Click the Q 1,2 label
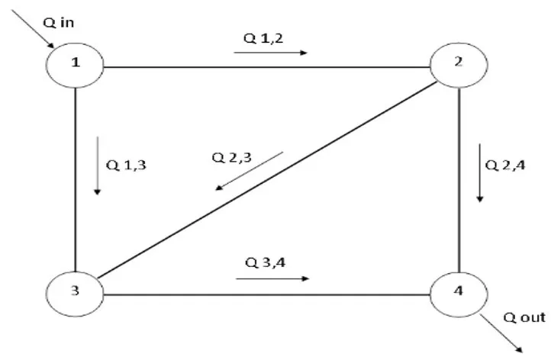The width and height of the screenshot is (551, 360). tap(261, 38)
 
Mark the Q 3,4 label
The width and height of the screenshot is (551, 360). tap(264, 263)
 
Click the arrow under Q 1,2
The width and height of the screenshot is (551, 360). tap(271, 53)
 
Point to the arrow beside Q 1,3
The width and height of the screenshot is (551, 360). tap(97, 166)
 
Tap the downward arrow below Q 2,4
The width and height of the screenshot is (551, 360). tap(480, 172)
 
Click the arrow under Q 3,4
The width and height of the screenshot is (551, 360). tap(272, 278)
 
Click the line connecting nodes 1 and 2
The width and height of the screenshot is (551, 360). tap(267, 67)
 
